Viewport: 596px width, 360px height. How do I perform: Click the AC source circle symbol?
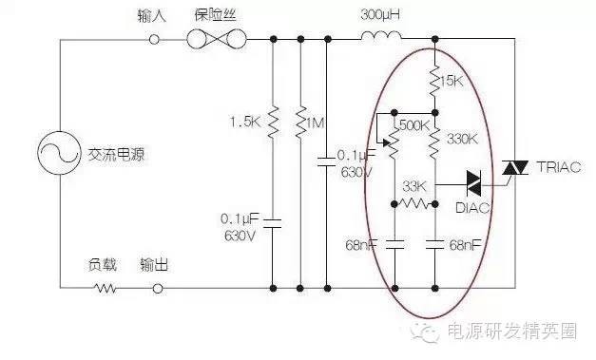[x=58, y=155]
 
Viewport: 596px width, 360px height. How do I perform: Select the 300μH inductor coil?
[x=380, y=39]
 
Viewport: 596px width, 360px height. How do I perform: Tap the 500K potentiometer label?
[x=415, y=125]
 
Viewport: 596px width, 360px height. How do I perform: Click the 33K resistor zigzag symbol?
[x=413, y=202]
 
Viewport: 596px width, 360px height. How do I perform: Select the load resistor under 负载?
[x=104, y=286]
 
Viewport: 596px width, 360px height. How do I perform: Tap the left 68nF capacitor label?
[x=361, y=245]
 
